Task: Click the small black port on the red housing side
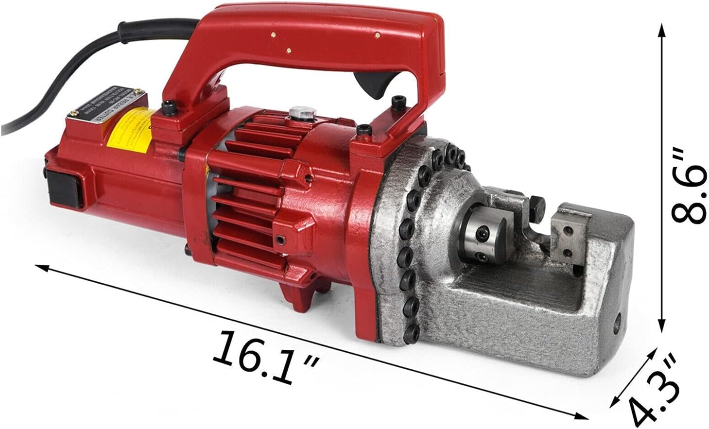[x=281, y=239]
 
